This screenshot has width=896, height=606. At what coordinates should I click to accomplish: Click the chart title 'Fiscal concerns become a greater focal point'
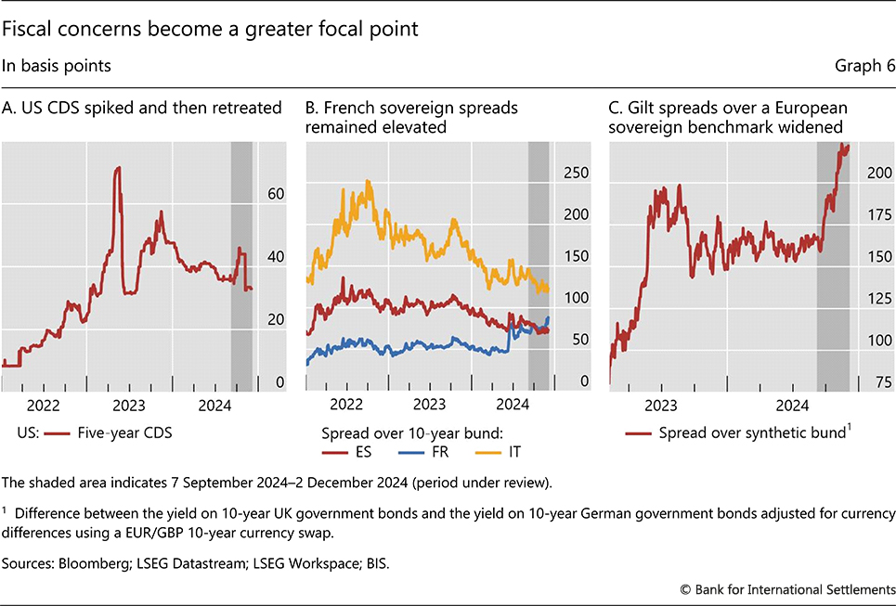coord(211,29)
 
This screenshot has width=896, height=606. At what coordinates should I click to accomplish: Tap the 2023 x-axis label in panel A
coord(129,406)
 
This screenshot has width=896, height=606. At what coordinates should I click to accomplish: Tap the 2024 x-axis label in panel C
coord(792,406)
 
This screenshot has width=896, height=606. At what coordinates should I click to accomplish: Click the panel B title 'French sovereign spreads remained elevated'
coord(411,117)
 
